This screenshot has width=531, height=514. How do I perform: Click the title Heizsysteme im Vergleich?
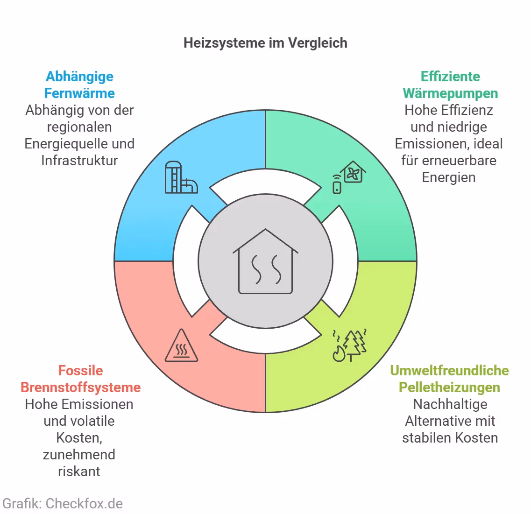tap(265, 43)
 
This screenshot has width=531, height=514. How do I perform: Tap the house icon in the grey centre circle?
tap(265, 261)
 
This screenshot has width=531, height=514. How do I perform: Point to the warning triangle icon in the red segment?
tap(181, 346)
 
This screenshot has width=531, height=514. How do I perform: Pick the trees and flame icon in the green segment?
tap(349, 345)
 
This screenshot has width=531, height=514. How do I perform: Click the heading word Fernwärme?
tap(79, 93)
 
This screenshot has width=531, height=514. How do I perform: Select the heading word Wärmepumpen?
tap(450, 93)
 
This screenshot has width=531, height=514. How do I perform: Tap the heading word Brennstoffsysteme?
tap(80, 387)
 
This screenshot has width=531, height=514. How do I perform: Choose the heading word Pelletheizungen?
tap(449, 387)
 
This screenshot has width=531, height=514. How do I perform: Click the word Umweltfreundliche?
tap(449, 371)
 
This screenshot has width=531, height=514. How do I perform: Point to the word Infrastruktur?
tap(79, 161)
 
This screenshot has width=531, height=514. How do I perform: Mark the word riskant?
tap(79, 472)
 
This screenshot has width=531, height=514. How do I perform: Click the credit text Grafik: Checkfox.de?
tap(63, 504)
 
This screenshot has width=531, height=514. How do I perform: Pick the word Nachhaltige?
tap(450, 404)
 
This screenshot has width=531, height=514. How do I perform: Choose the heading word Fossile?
tap(80, 371)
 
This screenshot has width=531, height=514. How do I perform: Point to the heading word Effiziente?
tap(450, 77)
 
